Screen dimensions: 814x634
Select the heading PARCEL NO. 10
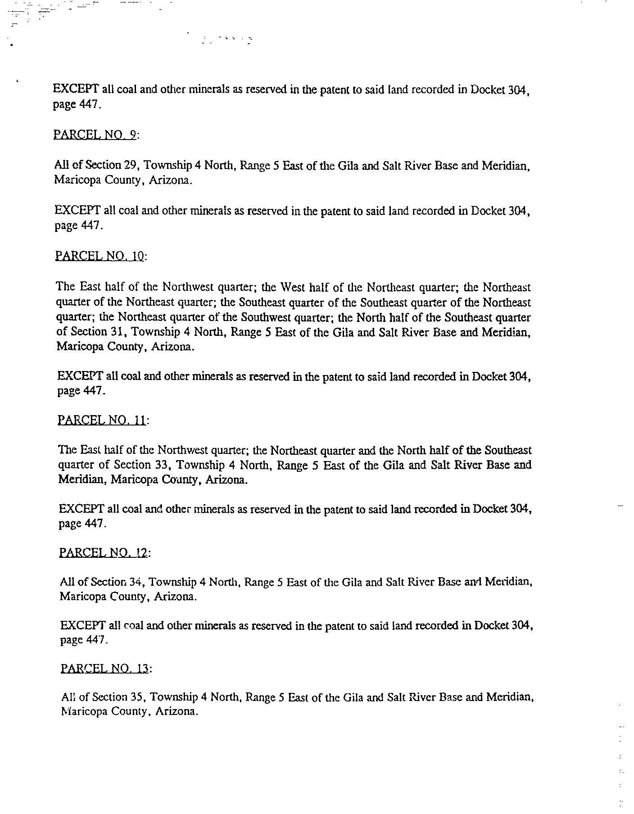coord(100,256)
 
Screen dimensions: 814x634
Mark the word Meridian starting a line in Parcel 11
coord(82,479)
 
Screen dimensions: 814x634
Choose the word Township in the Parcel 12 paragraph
coord(172,582)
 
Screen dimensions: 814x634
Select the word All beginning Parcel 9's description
coord(60,165)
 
